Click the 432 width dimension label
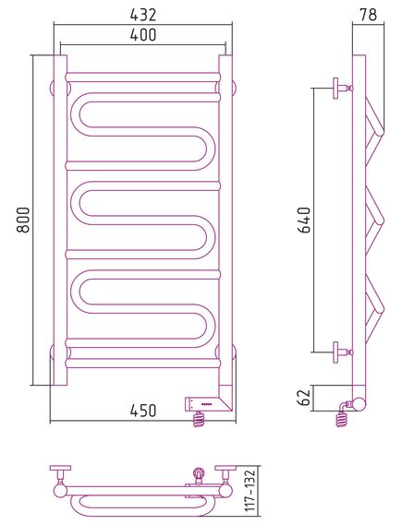pos(143,15)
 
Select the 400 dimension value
pos(143,34)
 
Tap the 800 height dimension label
pos(24,220)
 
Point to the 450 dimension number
pos(143,411)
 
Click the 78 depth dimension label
pos(369,15)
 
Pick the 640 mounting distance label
pos(305,220)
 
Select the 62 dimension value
pos(305,398)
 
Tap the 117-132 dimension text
pos(250,491)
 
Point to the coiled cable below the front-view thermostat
pos(199,419)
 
